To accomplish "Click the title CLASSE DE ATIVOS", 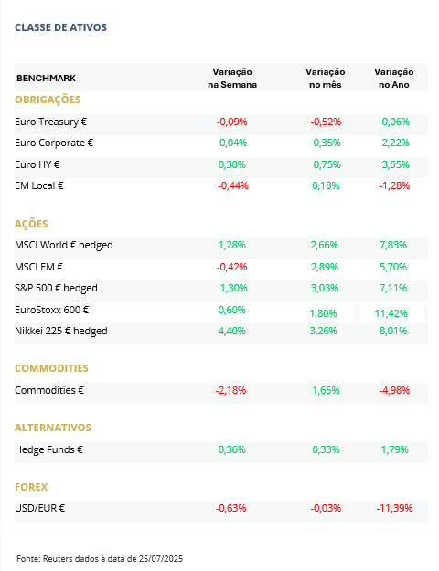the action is pyautogui.click(x=60, y=27).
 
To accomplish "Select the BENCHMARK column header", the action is pyautogui.click(x=46, y=79).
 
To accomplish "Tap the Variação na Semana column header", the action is pyautogui.click(x=232, y=79).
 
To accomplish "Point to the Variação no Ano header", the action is pyautogui.click(x=394, y=79).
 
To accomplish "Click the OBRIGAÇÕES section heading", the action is pyautogui.click(x=48, y=100).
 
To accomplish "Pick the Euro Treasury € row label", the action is pyautogui.click(x=50, y=122).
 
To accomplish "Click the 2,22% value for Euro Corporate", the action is pyautogui.click(x=396, y=143).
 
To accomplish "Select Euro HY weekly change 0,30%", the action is pyautogui.click(x=232, y=164).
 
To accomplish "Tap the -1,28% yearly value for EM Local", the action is pyautogui.click(x=394, y=185).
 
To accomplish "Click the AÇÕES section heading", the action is pyautogui.click(x=31, y=224).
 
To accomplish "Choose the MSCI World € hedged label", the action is pyautogui.click(x=64, y=246).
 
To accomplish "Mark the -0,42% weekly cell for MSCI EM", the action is pyautogui.click(x=232, y=267).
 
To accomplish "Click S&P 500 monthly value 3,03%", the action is pyautogui.click(x=325, y=288).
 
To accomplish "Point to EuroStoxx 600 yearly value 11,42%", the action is pyautogui.click(x=391, y=313).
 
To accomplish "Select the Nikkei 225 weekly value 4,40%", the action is pyautogui.click(x=232, y=331).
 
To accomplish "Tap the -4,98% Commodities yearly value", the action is pyautogui.click(x=394, y=390).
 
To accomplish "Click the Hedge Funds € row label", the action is pyautogui.click(x=48, y=450).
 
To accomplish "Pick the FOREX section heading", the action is pyautogui.click(x=31, y=487).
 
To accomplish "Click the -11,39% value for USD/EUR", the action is pyautogui.click(x=394, y=508).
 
